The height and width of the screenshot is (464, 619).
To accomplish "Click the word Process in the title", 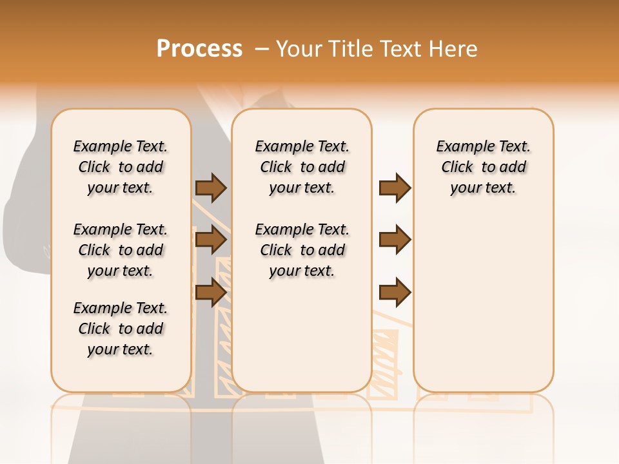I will coord(199,49).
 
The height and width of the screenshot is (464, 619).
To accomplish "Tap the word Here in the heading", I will coord(454,49).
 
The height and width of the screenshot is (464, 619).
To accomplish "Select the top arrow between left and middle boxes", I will coord(211,188).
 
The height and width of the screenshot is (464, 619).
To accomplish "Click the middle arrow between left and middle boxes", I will coord(211,240).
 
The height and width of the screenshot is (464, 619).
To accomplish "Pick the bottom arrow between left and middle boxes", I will coord(211,293).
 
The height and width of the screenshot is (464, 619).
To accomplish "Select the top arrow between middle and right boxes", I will coord(395,188).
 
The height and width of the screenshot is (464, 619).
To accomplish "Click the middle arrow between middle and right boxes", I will coord(395,240).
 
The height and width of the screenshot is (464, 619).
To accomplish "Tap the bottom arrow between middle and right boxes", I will coord(395,293).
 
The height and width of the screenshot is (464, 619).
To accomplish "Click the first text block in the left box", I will coord(121,167).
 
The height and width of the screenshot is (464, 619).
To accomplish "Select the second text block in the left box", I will coord(121,250).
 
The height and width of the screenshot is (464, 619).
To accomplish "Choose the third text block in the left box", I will coord(121,329).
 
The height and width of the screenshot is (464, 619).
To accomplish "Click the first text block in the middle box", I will coord(302,167).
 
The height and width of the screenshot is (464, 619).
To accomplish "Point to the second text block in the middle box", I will coord(302,250).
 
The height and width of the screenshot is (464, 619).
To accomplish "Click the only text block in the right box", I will coord(483,167).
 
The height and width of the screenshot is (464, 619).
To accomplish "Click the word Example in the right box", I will coord(460,146).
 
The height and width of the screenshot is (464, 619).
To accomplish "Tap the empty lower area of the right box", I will coord(483,303).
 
